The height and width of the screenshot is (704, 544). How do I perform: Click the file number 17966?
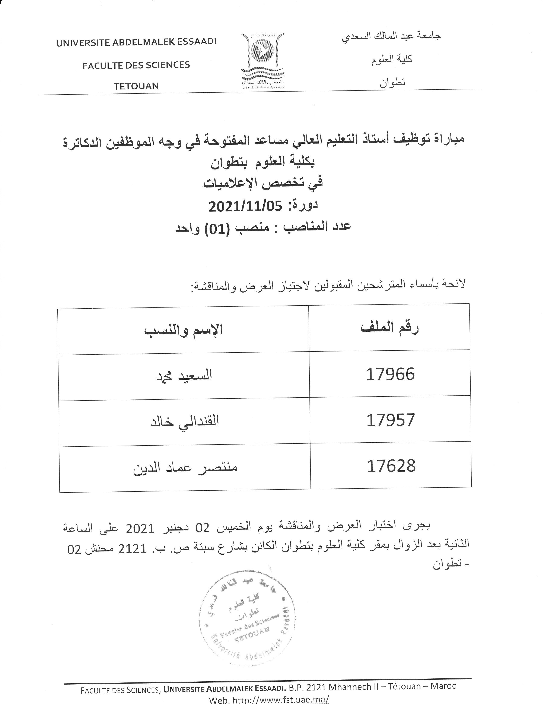click(x=390, y=374)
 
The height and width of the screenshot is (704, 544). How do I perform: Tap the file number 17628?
click(x=391, y=466)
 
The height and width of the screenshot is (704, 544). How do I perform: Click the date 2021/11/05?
click(x=245, y=206)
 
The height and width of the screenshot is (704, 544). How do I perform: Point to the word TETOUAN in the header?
click(x=136, y=86)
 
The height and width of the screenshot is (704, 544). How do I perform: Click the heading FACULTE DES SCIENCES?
click(x=136, y=65)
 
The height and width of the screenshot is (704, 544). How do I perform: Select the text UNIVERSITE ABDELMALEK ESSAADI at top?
click(x=136, y=42)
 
